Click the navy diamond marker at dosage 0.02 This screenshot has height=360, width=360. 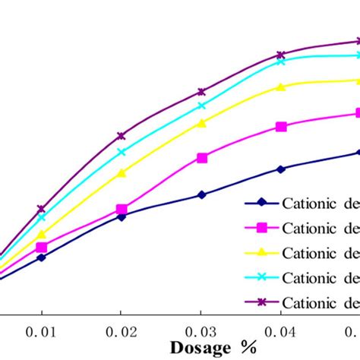pos(122,216)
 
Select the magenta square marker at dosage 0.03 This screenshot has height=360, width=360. pos(202,158)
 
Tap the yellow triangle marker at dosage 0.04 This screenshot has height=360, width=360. pos(281,87)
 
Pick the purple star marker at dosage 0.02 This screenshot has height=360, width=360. pos(122,136)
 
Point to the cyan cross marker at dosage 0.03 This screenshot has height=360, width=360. pos(202,106)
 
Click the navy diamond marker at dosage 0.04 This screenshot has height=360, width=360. pos(281,169)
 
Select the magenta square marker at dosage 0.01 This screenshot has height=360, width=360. pos(42,248)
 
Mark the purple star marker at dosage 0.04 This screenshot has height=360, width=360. pos(281,55)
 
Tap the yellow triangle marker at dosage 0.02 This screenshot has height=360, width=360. pos(122,173)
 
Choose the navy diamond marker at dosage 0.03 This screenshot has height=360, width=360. pos(202,195)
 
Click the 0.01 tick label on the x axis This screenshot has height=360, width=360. pos(42,332)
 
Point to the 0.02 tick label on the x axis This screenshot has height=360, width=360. pos(122,332)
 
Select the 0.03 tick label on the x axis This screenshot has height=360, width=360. pos(201,332)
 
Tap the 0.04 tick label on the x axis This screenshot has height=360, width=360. pos(281,332)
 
